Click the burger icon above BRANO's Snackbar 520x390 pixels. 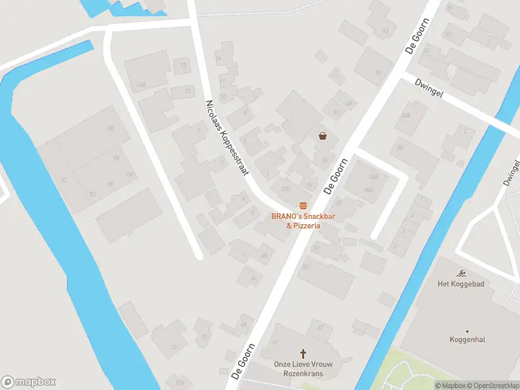(x=303, y=205)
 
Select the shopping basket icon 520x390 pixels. (x=322, y=136)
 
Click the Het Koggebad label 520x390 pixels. (x=461, y=283)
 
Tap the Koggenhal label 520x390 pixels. (x=467, y=339)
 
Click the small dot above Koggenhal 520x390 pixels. (x=467, y=330)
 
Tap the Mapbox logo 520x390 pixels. (x=29, y=382)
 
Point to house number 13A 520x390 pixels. (x=140, y=85)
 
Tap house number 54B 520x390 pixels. (x=373, y=176)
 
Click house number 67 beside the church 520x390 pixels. (x=320, y=328)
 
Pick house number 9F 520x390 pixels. (x=111, y=185)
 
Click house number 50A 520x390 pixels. (x=406, y=116)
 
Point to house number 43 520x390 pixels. (x=385, y=31)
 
